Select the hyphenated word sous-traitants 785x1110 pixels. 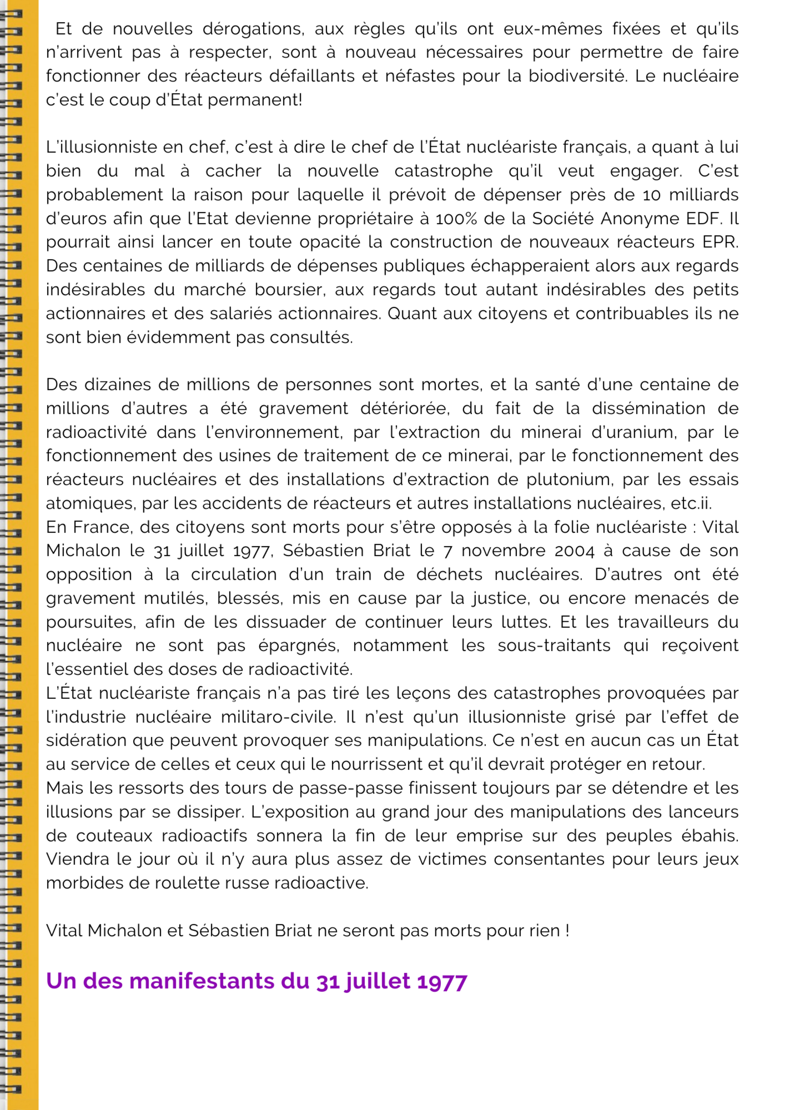tap(554, 645)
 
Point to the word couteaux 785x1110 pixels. tap(114, 835)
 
